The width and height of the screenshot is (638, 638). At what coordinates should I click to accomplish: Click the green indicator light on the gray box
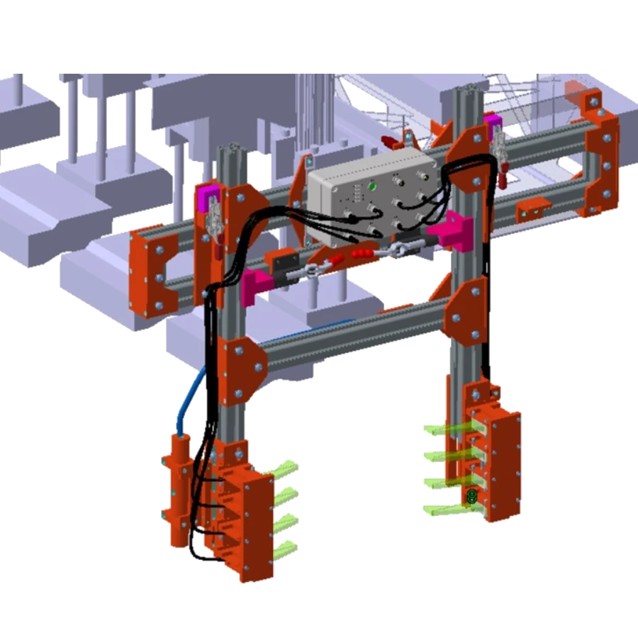[x=371, y=187]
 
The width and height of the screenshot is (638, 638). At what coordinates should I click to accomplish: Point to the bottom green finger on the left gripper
[x=285, y=548]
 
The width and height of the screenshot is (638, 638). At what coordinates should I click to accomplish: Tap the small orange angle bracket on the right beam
[x=532, y=208]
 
